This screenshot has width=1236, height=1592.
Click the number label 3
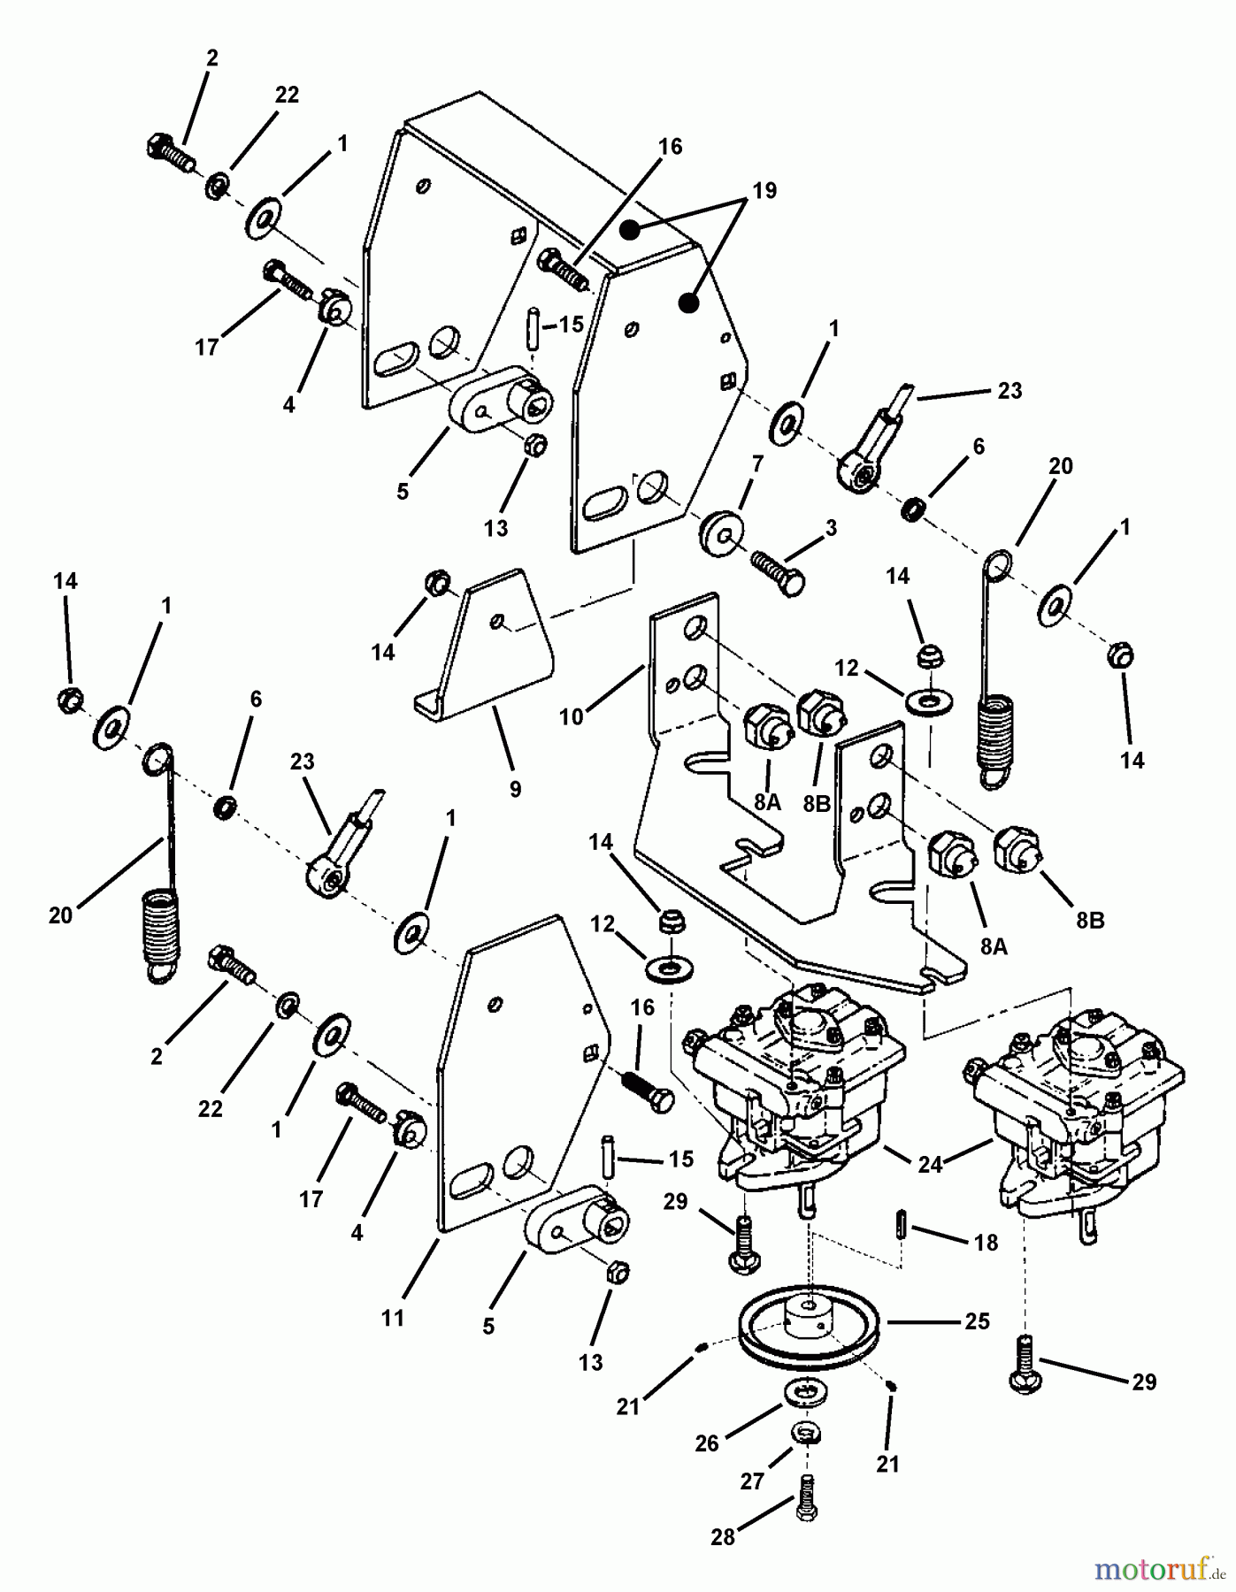point(830,528)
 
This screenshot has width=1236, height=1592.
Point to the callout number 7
point(756,463)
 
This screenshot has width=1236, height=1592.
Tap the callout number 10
point(572,716)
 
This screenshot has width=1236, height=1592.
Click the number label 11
point(392,1317)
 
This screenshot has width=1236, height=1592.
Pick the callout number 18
point(985,1242)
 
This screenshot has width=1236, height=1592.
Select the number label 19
point(764,190)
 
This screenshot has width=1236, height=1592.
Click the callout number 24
point(930,1165)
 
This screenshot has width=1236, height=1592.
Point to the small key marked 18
point(900,1228)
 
